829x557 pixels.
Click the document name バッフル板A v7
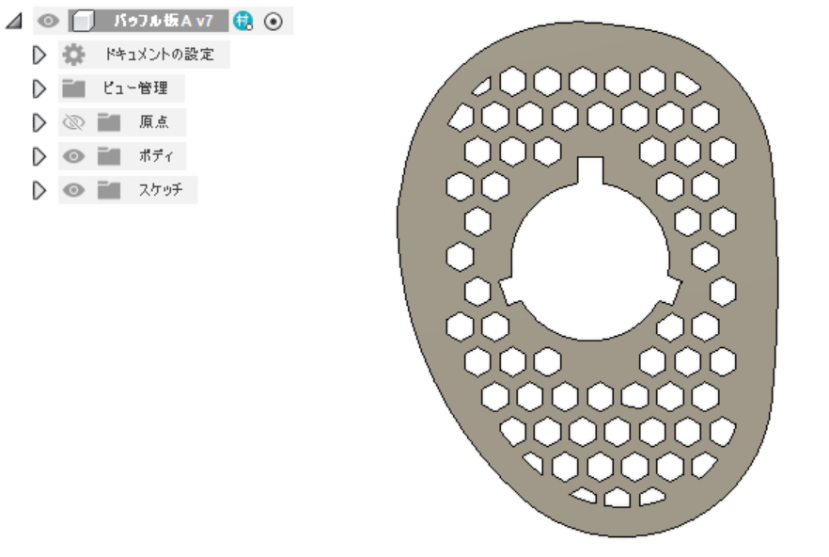[163, 22]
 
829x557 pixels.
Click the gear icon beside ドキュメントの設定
[73, 55]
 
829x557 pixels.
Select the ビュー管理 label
[135, 88]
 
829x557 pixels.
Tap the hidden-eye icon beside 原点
[73, 122]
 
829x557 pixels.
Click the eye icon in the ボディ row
[73, 156]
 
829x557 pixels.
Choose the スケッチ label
[161, 189]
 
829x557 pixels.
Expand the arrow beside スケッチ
[39, 190]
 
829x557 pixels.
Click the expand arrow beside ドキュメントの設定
[39, 55]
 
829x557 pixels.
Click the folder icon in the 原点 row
[109, 122]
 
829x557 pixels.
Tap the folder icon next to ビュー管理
[73, 88]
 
